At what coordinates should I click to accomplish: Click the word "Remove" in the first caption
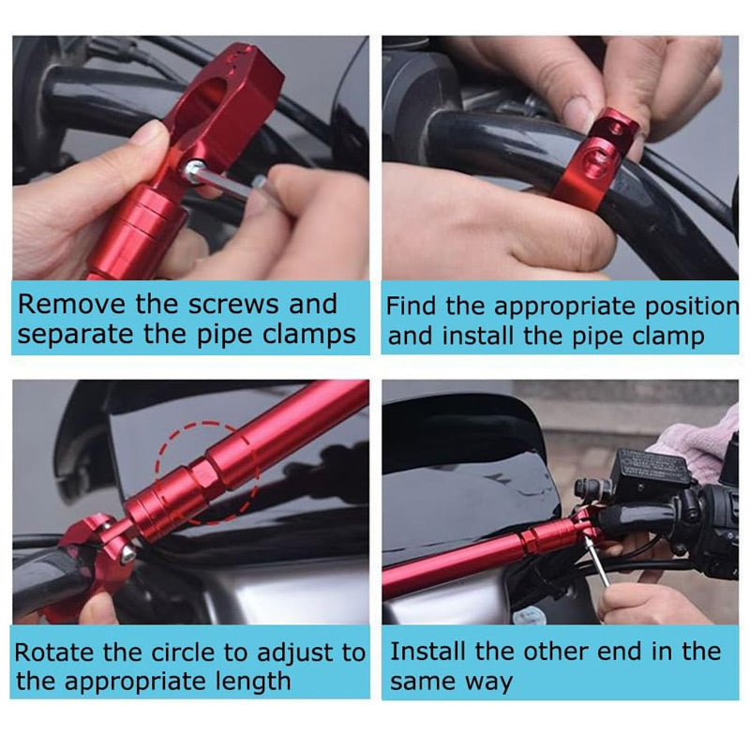[x=73, y=304]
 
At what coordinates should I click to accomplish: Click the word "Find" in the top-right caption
[x=411, y=307]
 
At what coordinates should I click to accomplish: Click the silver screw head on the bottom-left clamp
[x=127, y=553]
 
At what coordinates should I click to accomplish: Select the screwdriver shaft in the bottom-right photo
[x=598, y=561]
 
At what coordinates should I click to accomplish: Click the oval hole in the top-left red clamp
[x=207, y=98]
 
